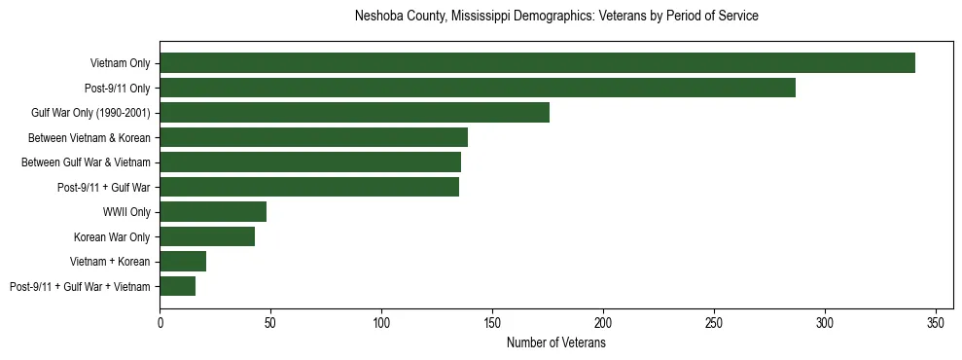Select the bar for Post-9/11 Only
(x=478, y=88)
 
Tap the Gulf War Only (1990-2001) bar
(x=354, y=113)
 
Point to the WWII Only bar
(x=213, y=212)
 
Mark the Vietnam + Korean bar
(x=183, y=261)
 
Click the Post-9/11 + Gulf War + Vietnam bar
(x=177, y=286)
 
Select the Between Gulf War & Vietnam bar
(x=310, y=162)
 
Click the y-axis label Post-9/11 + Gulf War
(x=104, y=187)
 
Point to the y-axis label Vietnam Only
(x=121, y=63)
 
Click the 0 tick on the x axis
(x=160, y=322)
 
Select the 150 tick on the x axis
(x=492, y=322)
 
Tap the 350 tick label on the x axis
(x=936, y=322)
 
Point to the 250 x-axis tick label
(x=714, y=322)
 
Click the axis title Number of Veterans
(x=556, y=342)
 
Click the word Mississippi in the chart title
(x=481, y=17)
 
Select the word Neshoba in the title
(x=376, y=17)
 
